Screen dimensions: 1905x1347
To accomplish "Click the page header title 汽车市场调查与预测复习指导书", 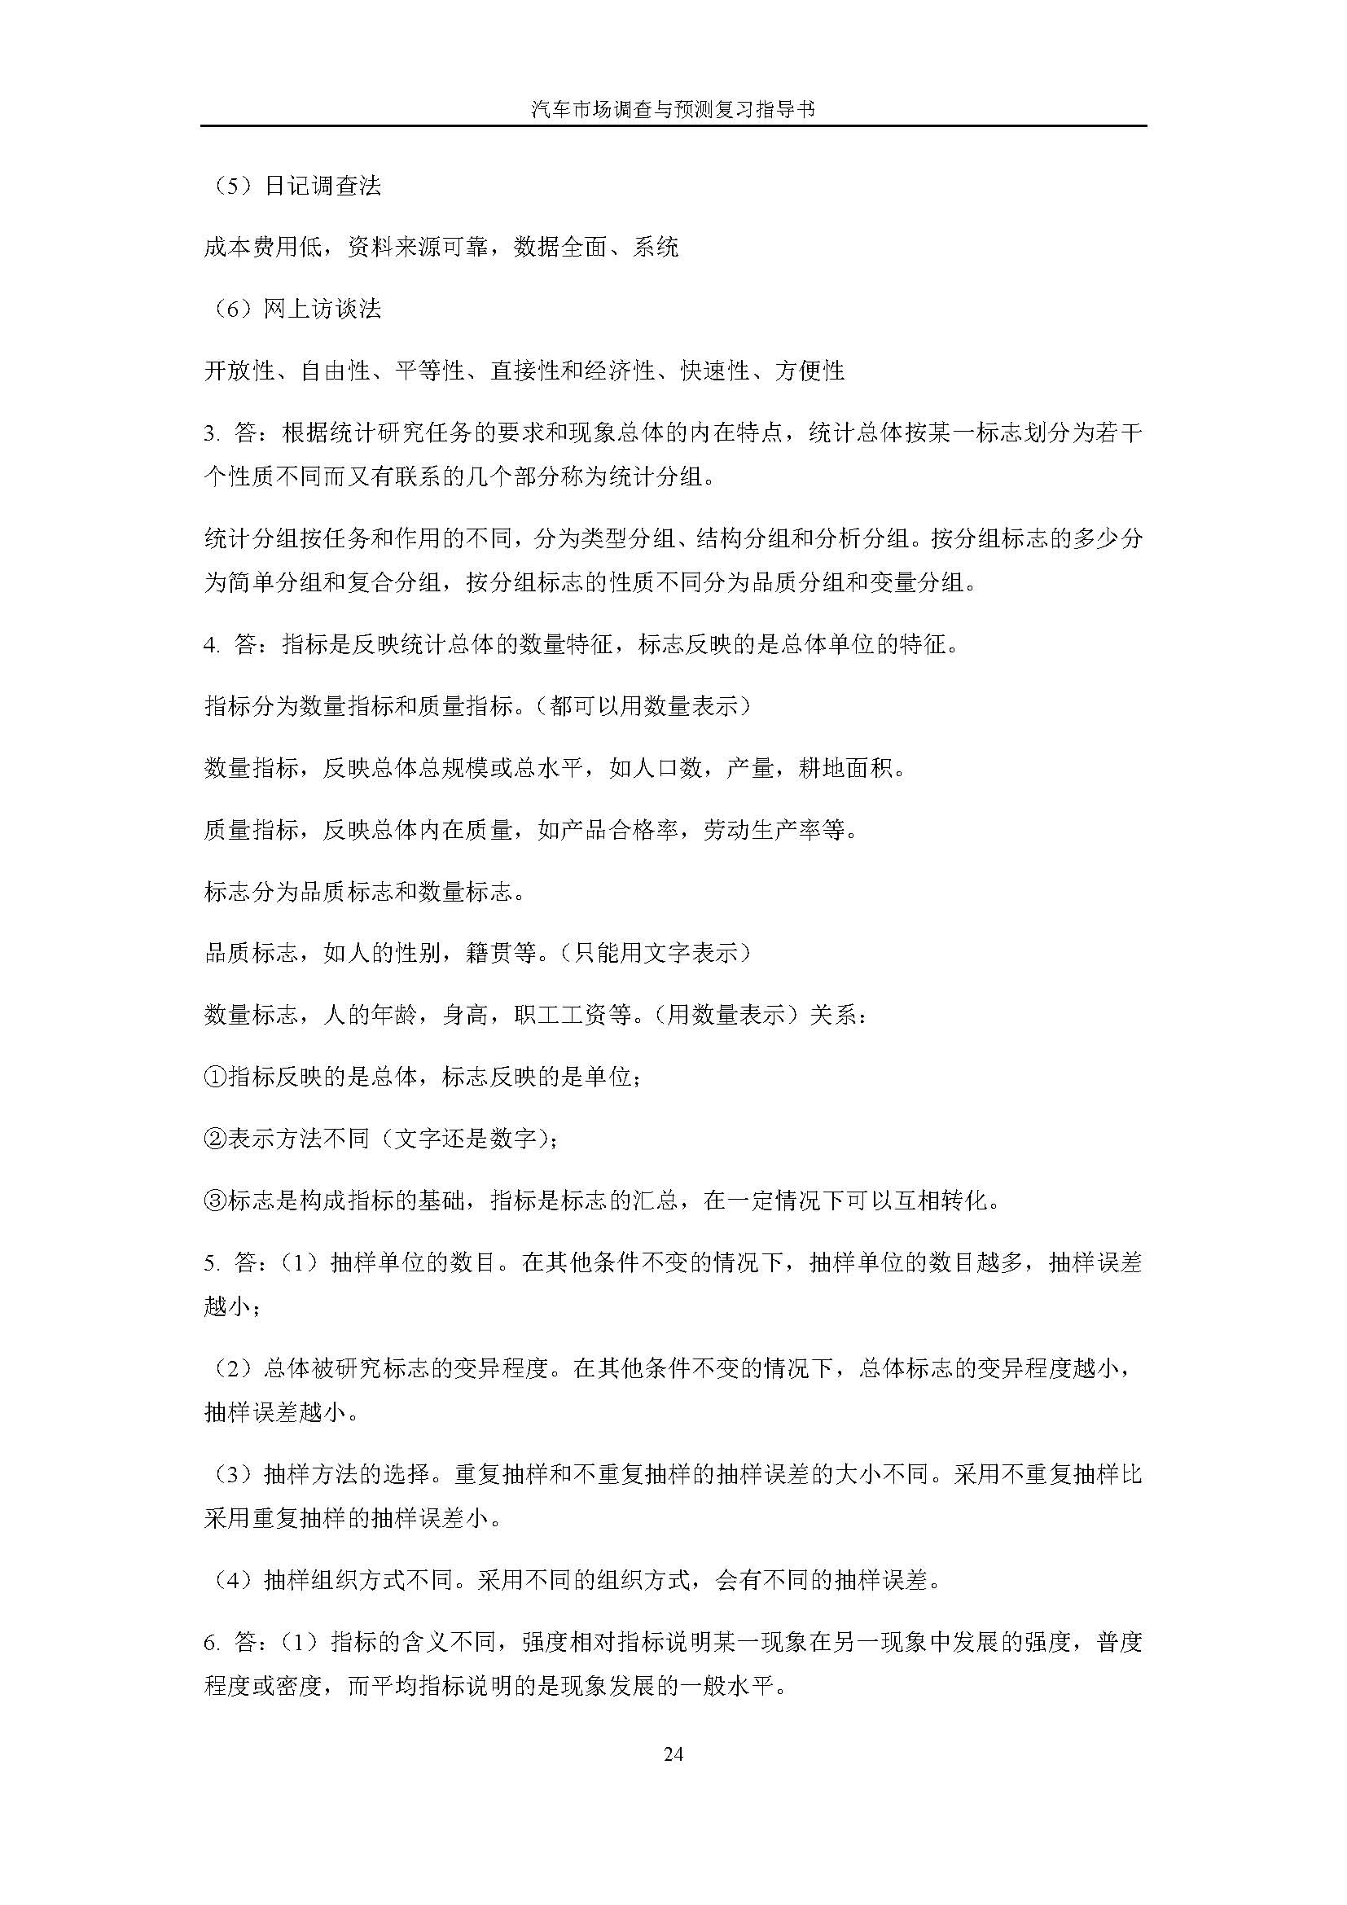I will (x=673, y=109).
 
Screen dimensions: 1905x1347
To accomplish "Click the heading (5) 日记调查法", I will (x=293, y=186).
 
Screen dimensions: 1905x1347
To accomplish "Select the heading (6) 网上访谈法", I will (x=293, y=309).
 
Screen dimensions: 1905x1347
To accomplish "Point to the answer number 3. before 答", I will (x=211, y=433).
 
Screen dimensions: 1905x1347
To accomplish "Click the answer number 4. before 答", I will (x=211, y=645).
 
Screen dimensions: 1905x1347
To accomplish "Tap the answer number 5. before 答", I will (x=211, y=1263).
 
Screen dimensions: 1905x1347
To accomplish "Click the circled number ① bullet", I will (x=215, y=1077).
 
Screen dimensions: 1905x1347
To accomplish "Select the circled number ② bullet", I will (x=215, y=1139).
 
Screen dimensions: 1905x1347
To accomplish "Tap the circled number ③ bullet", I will (x=215, y=1201).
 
